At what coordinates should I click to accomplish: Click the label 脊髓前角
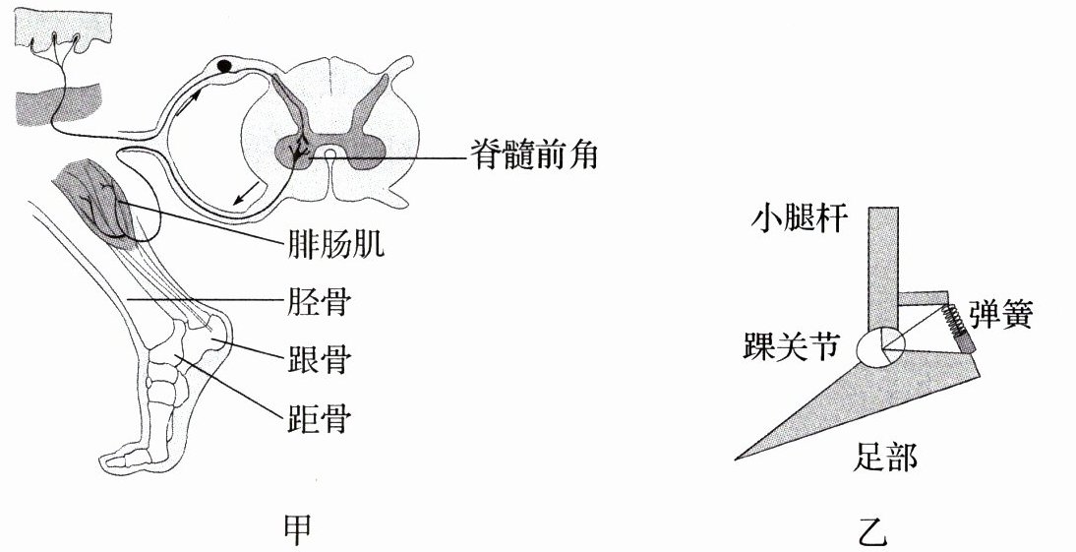[x=529, y=154]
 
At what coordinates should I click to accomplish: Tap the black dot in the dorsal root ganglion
[x=225, y=67]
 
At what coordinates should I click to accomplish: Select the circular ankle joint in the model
[x=880, y=345]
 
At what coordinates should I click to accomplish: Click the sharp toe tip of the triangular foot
[x=738, y=459]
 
